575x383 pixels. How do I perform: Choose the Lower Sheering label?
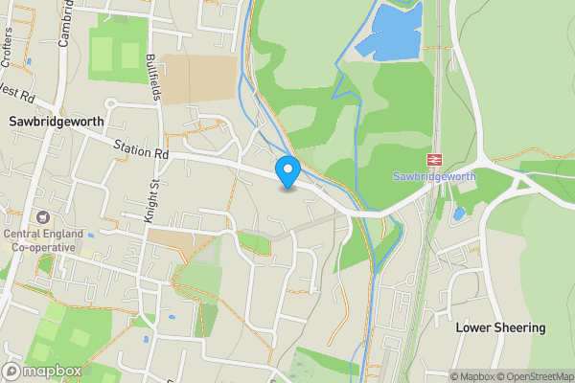[x=500, y=327]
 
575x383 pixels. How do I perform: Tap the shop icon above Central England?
[x=42, y=218]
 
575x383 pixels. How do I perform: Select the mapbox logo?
[x=40, y=371]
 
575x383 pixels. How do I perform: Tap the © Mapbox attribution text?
[x=471, y=376]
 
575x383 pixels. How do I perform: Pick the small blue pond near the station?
[x=459, y=213]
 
